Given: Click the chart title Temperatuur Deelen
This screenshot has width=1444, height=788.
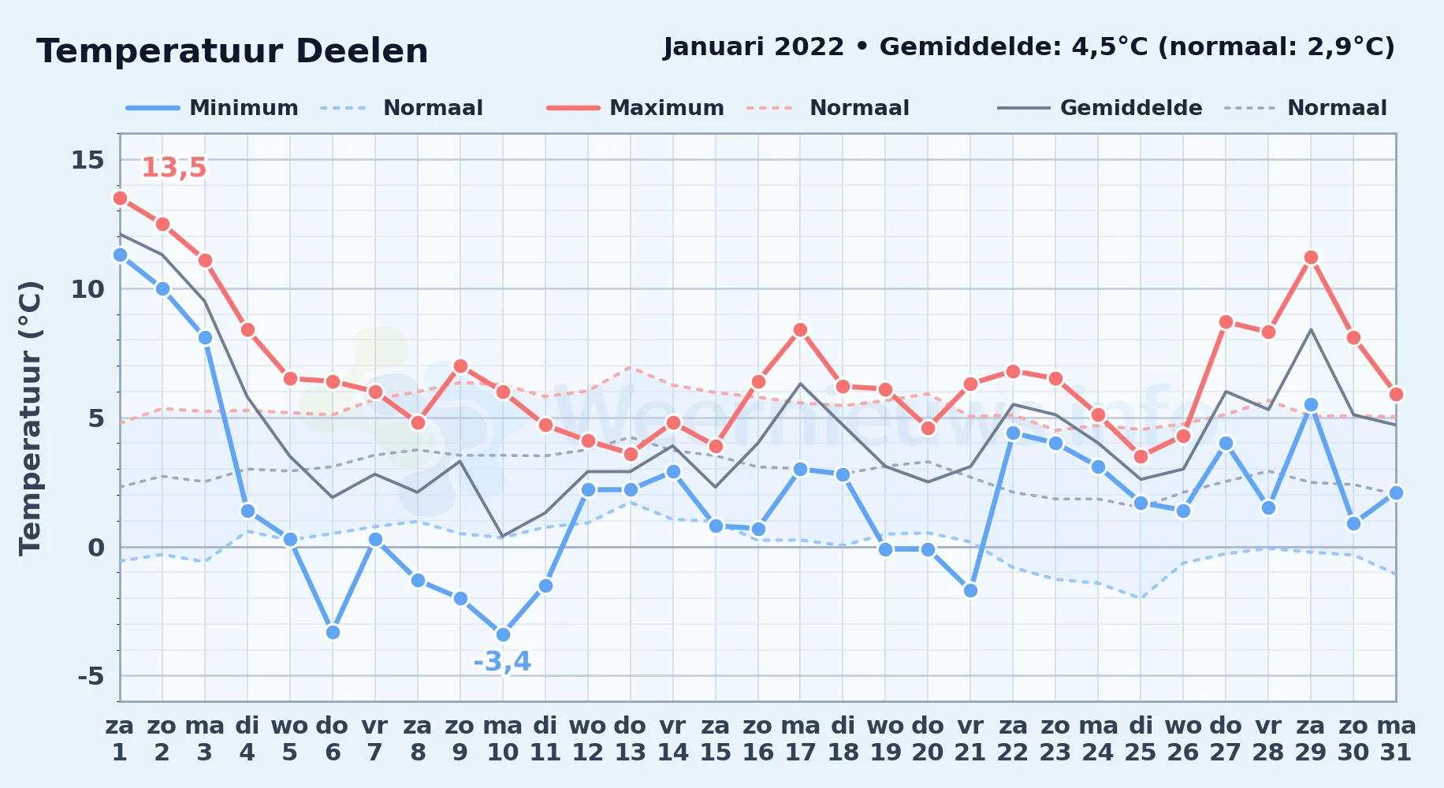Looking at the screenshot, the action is coord(233,51).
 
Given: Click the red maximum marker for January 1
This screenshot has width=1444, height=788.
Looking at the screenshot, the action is coord(120,198).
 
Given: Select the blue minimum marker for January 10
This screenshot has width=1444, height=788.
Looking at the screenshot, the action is coord(503,634).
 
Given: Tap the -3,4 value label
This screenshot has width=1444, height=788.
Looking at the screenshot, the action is coord(502,661).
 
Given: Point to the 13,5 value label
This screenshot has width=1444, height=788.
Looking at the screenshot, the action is coord(173,167).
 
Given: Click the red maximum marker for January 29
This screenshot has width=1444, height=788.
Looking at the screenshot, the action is coord(1311,257).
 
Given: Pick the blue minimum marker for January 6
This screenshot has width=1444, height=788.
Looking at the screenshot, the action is coord(333,632).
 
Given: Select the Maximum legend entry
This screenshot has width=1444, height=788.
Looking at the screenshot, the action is coord(635,108).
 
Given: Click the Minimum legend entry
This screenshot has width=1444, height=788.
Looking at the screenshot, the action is coord(212,108).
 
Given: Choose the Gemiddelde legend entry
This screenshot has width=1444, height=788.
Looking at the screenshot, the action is coord(1100,108).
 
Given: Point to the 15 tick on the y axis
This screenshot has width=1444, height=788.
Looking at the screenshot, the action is coord(87,160).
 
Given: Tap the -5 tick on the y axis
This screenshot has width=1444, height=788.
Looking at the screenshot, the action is coord(91,676).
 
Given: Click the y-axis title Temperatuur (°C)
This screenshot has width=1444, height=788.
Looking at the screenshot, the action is coord(31,418).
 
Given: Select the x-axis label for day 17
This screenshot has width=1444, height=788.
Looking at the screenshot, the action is coord(801,739).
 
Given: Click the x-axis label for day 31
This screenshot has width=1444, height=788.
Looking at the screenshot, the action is coord(1396,739).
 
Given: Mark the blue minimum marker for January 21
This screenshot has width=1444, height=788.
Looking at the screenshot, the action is coord(970,590).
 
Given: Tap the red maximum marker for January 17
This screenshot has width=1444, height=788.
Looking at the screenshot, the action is coord(800,329).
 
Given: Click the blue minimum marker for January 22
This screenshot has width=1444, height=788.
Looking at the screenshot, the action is coord(1013,433).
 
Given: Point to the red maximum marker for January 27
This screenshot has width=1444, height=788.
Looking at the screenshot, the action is coord(1226,322).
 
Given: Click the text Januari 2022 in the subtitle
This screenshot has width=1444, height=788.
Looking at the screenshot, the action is coord(754,47).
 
